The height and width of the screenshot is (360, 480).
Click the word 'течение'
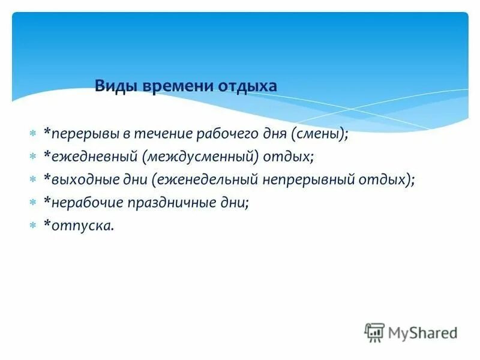[x=157, y=134]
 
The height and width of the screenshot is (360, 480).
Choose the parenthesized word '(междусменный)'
[x=201, y=157]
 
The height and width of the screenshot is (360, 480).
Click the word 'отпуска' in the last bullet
[x=76, y=226]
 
